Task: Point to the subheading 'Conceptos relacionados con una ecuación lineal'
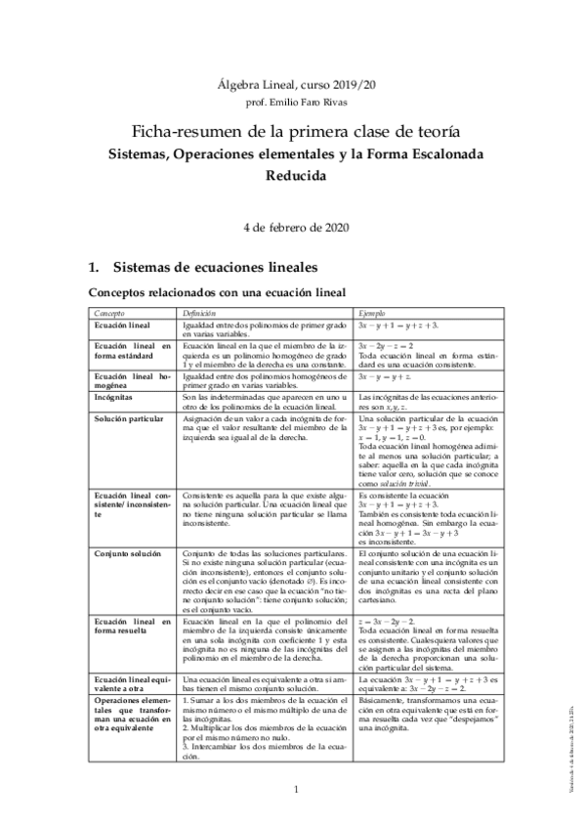pyautogui.click(x=217, y=291)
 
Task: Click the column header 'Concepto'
pyautogui.click(x=108, y=312)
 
